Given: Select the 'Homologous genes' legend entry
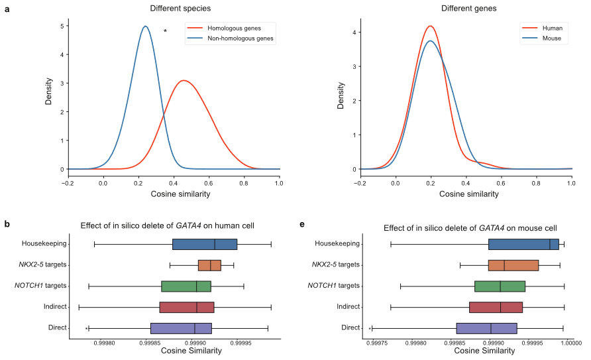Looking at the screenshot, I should click(225, 29).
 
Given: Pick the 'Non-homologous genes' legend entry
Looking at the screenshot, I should click(231, 38).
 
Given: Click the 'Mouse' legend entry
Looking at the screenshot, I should click(551, 38).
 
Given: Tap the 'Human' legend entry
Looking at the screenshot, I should click(552, 29).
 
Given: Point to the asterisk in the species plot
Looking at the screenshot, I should click(165, 32).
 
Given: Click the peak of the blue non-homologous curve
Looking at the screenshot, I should click(145, 27).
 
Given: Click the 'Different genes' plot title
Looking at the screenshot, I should click(463, 9).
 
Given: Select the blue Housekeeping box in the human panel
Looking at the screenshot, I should click(204, 244).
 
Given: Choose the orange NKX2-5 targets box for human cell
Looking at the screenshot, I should click(209, 265).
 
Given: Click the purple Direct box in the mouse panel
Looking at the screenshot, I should click(486, 328).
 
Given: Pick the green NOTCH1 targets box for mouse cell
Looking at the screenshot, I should click(500, 286).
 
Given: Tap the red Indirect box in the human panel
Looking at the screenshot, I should click(186, 307).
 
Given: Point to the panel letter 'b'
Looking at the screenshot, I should click(7, 225).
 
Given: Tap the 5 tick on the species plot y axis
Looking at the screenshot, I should click(62, 27).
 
